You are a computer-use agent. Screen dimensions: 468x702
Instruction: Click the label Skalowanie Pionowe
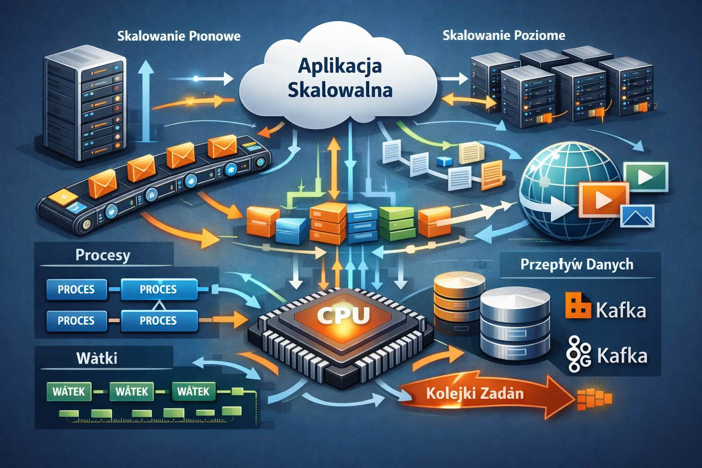(179, 36)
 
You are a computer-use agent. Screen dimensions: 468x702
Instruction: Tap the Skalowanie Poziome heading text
(504, 35)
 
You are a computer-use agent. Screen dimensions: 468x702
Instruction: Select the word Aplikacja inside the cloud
(340, 66)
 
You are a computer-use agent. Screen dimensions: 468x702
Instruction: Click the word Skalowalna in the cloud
(340, 90)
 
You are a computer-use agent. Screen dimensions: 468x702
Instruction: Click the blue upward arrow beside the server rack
(146, 101)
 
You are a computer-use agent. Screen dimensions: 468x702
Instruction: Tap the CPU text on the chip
(343, 315)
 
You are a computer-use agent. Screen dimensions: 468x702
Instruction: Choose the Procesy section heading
(103, 255)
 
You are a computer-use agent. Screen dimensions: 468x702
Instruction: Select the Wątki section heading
(97, 358)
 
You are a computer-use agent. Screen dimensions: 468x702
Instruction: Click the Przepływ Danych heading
(577, 264)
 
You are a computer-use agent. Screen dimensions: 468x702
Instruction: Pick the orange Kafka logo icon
(577, 305)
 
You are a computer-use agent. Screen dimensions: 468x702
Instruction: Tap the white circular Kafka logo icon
(578, 354)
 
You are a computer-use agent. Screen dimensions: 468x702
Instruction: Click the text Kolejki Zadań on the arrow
(474, 393)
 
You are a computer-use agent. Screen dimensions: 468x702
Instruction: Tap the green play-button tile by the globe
(645, 177)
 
